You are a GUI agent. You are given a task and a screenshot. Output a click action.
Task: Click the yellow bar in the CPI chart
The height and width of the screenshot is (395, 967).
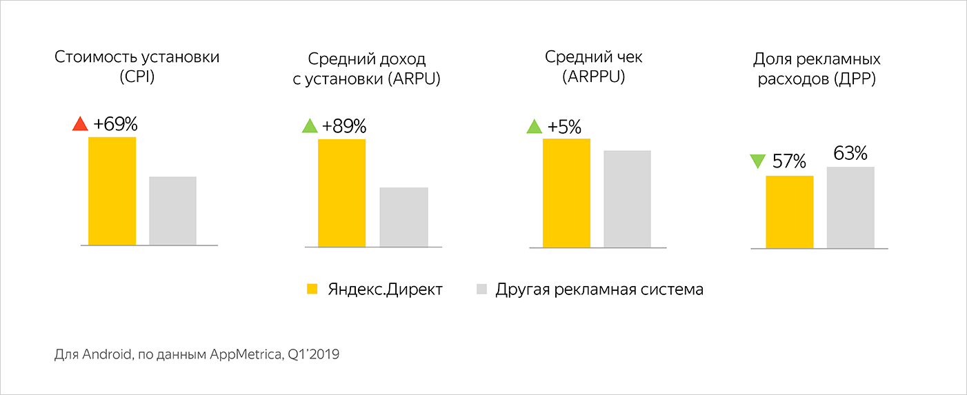click(x=112, y=191)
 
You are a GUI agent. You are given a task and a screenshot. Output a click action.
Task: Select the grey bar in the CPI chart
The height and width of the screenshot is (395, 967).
click(x=172, y=211)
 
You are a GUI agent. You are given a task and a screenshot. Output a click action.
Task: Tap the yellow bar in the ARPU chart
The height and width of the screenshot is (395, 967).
click(x=341, y=192)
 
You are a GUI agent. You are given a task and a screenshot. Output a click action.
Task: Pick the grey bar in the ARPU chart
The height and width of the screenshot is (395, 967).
click(x=403, y=216)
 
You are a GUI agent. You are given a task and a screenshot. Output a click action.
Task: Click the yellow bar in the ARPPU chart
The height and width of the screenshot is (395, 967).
click(x=566, y=192)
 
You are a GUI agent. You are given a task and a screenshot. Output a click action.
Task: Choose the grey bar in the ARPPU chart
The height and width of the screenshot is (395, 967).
click(x=627, y=199)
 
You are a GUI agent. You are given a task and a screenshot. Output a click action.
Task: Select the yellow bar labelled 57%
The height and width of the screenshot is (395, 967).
click(x=790, y=212)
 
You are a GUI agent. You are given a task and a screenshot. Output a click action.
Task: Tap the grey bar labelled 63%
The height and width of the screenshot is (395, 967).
click(x=850, y=207)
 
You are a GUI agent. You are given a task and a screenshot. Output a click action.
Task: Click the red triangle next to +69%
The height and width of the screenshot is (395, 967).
click(x=81, y=124)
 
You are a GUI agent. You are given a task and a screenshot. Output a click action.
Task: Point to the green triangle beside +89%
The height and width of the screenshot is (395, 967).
click(x=310, y=126)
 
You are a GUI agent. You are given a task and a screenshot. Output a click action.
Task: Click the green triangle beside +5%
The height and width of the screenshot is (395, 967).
click(x=535, y=127)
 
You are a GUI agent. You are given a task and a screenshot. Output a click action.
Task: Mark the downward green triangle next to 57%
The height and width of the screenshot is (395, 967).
click(x=757, y=162)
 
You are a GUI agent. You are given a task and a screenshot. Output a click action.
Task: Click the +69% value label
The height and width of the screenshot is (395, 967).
click(x=116, y=125)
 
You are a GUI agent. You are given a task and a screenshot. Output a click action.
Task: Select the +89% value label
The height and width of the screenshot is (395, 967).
click(x=343, y=126)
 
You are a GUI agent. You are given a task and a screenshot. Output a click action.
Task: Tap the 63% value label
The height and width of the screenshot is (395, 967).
click(x=850, y=153)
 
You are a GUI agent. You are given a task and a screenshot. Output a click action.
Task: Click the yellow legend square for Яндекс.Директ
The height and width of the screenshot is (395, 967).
click(x=312, y=290)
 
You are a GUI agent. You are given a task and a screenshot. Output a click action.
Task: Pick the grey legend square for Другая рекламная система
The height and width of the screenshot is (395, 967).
click(x=481, y=290)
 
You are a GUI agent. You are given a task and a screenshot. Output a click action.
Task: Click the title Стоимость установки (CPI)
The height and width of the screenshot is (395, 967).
click(x=137, y=66)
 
